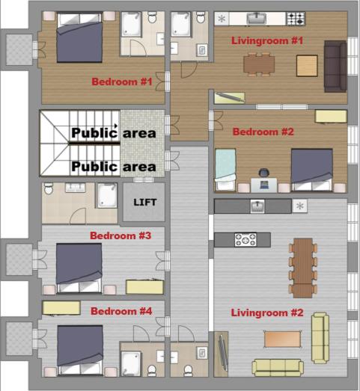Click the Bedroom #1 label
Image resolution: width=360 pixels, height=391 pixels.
point(121,81)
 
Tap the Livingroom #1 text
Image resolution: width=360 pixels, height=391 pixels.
point(267,40)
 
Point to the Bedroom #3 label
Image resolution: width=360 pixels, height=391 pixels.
point(120,235)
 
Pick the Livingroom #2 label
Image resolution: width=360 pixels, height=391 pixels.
point(268,312)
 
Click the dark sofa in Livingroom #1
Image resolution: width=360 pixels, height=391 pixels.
point(334,61)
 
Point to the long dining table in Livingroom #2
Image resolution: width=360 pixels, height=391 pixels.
point(303,267)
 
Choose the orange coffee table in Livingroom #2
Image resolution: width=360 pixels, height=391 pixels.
point(285,339)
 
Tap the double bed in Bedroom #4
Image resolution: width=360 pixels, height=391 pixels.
point(78,348)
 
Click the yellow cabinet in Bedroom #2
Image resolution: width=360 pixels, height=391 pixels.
point(330,115)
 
